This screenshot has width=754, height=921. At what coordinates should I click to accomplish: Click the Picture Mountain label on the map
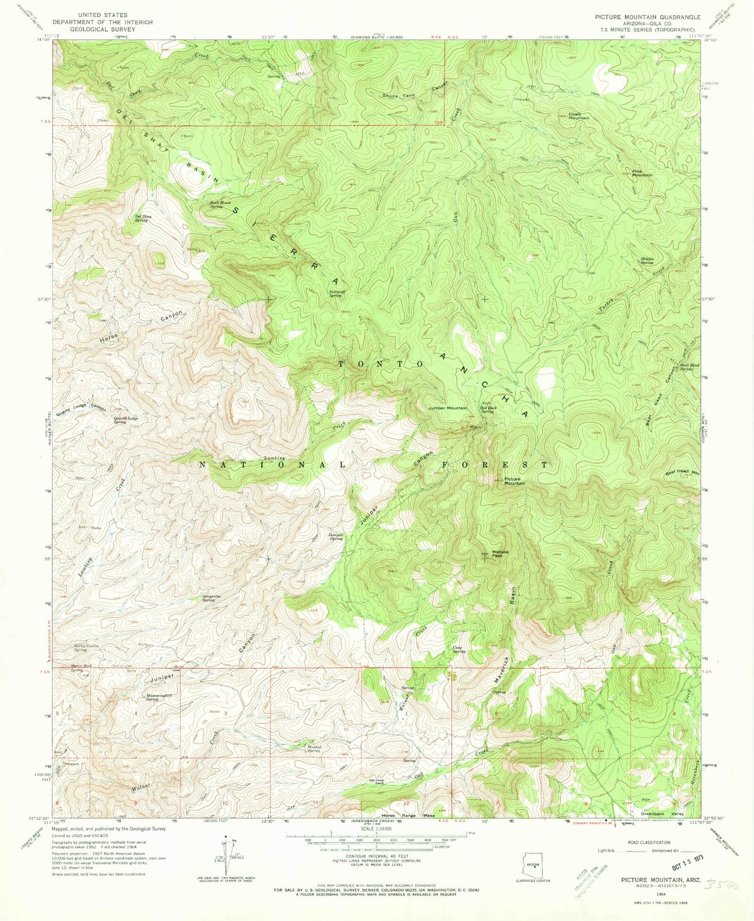514,481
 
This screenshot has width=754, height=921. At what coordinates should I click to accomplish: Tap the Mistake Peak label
500,554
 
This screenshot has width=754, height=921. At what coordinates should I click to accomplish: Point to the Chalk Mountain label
578,116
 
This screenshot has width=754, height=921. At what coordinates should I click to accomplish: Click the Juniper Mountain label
448,408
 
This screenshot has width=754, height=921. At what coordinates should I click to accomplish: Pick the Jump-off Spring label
335,293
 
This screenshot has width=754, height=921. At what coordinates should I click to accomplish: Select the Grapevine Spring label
209,598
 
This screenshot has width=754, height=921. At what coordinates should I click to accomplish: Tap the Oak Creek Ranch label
376,782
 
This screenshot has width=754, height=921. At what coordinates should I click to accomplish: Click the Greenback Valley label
662,814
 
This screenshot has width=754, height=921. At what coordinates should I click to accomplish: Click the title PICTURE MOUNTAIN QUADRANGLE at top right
648,17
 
